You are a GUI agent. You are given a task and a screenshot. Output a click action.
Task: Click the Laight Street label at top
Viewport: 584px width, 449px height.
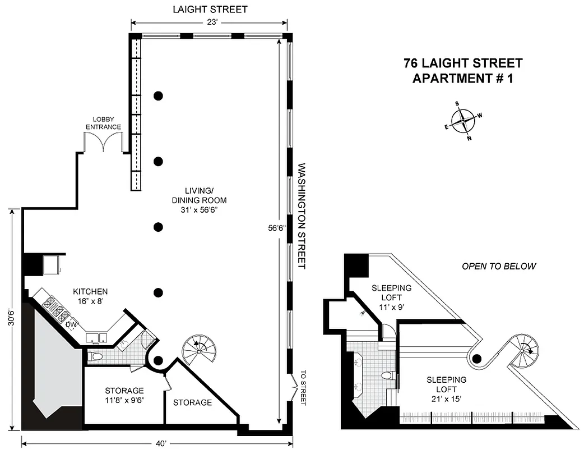point(210,10)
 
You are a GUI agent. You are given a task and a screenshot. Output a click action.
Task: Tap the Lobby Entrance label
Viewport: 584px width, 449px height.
point(103,123)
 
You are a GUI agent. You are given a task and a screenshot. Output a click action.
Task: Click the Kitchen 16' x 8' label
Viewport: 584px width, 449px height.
point(90,296)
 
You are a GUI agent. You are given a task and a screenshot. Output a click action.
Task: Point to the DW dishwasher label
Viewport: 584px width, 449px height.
point(71,324)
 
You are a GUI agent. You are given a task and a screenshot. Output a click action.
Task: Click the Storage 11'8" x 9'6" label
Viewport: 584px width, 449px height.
point(124,395)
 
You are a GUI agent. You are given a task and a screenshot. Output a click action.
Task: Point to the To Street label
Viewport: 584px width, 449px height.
point(304,387)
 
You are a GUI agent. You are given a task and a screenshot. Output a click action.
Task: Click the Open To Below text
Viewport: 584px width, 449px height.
point(498,266)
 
